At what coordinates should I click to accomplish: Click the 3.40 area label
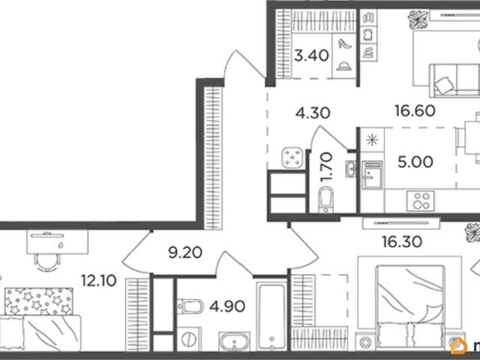point(311,56)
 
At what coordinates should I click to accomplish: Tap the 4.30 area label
point(313,113)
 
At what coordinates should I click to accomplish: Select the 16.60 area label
point(415,111)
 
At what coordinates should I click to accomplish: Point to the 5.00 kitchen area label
point(415,162)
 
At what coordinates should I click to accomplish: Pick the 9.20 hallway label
point(185,253)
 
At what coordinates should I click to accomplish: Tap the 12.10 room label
point(98,280)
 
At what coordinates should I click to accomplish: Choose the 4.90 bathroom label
point(227,306)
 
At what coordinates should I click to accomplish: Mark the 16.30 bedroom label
point(402,241)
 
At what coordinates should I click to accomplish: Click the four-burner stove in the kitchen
point(421,201)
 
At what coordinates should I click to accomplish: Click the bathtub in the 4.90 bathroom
point(271,316)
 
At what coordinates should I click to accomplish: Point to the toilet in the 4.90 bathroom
point(190,307)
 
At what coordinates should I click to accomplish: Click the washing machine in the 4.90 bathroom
point(189,339)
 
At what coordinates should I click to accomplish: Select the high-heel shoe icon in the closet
point(345,43)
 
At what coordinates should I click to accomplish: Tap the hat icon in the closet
point(344,66)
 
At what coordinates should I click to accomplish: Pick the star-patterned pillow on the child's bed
point(39,301)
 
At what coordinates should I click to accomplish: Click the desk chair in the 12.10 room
point(46,262)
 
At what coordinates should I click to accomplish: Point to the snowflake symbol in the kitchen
point(372,140)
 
